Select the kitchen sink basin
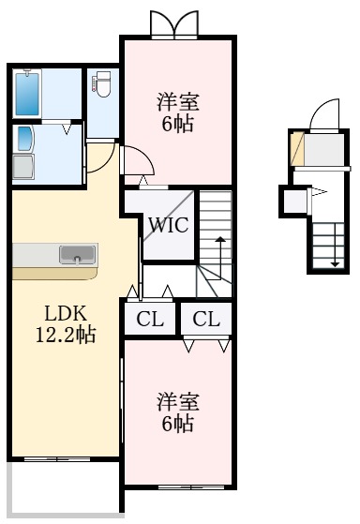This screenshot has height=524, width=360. [x=77, y=254]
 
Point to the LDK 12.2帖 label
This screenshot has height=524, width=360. [x=64, y=322]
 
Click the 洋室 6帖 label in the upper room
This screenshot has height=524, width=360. [x=176, y=112]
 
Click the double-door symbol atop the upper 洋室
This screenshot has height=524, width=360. [x=177, y=22]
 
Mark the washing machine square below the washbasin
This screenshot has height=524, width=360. [x=24, y=169]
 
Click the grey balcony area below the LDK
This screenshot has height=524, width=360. [x=61, y=488]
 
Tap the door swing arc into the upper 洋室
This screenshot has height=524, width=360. [x=134, y=158]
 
